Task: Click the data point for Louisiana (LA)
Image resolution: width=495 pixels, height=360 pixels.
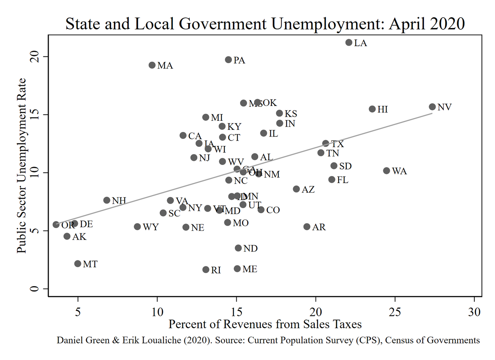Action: pyautogui.click(x=349, y=42)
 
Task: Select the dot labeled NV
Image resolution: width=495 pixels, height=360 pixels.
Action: pyautogui.click(x=432, y=107)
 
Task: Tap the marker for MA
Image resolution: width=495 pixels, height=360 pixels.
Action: pyautogui.click(x=152, y=65)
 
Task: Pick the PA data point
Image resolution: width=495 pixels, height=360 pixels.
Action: pyautogui.click(x=229, y=60)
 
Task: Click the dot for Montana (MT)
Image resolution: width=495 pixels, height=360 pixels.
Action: pyautogui.click(x=78, y=264)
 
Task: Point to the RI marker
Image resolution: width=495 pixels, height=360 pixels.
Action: pyautogui.click(x=206, y=270)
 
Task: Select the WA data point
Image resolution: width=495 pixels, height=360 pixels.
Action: pyautogui.click(x=387, y=171)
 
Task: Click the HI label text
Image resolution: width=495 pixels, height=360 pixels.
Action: pyautogui.click(x=382, y=109)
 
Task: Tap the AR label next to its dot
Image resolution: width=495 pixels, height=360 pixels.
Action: pyautogui.click(x=319, y=227)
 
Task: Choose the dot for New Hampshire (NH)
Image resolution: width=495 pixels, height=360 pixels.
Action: pyautogui.click(x=107, y=200)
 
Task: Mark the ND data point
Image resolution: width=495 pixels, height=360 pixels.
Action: pyautogui.click(x=238, y=248)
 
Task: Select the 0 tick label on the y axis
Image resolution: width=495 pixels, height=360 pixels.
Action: pyautogui.click(x=36, y=289)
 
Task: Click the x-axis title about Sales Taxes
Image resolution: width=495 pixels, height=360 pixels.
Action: pyautogui.click(x=265, y=324)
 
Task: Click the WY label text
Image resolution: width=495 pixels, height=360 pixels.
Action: pyautogui.click(x=151, y=227)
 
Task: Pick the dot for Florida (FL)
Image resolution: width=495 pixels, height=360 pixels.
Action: pyautogui.click(x=332, y=179)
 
